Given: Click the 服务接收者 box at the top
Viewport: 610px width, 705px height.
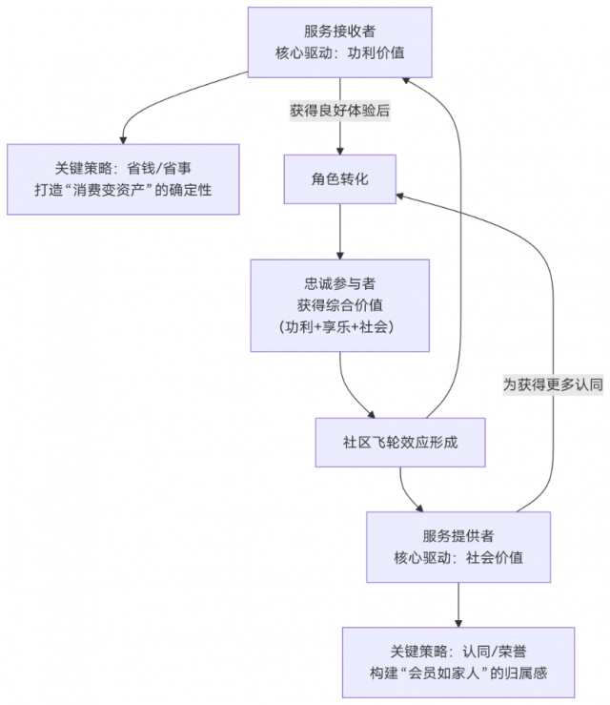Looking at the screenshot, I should coord(339,42).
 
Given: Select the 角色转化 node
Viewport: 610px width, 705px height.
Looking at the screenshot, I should coord(340,178).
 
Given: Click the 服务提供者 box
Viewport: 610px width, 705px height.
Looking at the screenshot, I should coord(458,546).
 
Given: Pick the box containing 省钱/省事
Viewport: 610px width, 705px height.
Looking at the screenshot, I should coord(123,178).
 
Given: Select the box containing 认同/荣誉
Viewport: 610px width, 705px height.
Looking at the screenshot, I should coord(458,661).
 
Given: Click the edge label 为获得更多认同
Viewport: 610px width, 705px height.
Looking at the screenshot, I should coord(553,385).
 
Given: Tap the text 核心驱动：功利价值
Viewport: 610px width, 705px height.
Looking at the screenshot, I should coord(339,53).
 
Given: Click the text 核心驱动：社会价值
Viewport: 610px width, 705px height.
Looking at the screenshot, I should coord(458,557).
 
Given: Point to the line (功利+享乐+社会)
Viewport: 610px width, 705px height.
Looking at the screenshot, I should coord(339,326).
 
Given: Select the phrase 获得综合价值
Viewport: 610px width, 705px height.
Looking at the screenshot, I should coord(339,304).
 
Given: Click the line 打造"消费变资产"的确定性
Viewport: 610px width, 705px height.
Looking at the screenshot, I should coord(123,190).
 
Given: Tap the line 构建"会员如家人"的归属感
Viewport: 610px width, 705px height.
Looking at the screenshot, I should coord(458,673).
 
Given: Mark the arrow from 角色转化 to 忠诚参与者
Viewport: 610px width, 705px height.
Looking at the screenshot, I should coord(340,230).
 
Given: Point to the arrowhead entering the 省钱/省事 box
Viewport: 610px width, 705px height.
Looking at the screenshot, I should coord(123,138).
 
